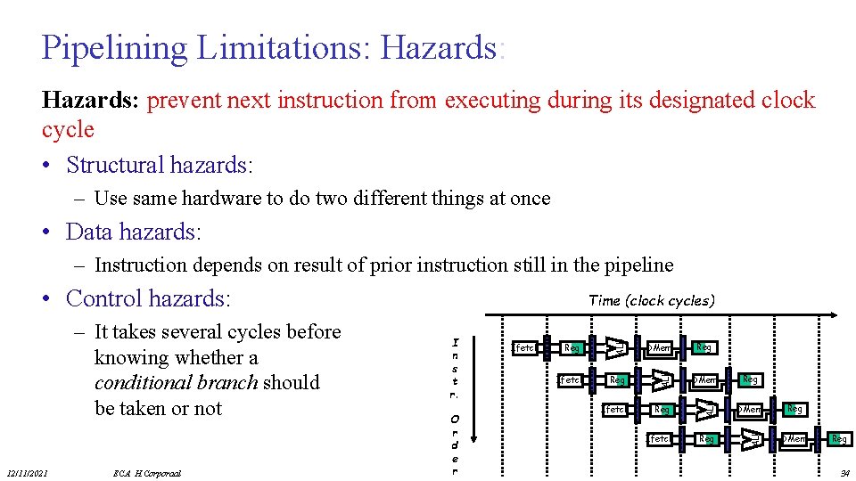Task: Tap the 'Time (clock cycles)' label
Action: click(651, 300)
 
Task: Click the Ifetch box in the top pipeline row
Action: click(525, 347)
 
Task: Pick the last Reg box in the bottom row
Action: click(838, 439)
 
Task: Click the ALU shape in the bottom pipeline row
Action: click(752, 439)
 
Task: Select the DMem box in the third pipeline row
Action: click(749, 410)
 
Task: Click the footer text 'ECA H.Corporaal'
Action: click(147, 473)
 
